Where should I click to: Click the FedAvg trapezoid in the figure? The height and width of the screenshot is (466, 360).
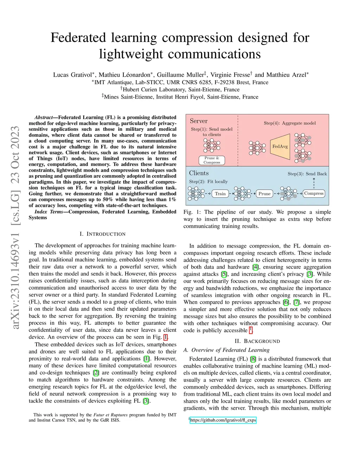[280, 146]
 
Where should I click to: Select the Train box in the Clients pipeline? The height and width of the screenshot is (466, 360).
[220, 193]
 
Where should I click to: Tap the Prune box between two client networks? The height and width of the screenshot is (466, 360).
[264, 193]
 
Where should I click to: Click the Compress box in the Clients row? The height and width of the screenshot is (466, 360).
[314, 193]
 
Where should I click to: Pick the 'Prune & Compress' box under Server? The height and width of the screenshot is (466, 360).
[212, 160]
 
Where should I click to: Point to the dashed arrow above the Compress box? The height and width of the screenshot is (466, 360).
[314, 183]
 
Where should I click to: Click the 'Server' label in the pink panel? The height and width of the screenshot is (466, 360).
[199, 121]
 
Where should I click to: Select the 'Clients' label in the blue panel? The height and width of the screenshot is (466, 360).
[199, 173]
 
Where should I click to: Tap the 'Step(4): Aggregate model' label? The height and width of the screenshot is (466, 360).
[290, 123]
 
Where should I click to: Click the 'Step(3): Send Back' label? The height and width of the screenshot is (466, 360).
[307, 174]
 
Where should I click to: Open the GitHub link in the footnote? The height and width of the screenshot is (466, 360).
[223, 420]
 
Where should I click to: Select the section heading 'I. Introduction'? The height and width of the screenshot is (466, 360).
[102, 234]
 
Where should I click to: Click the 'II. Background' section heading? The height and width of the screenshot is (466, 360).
[257, 341]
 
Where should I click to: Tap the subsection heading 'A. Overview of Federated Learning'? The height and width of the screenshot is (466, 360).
[226, 350]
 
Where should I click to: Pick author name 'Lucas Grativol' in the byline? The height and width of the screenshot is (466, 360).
[72, 75]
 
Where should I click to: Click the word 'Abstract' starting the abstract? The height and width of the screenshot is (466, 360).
[44, 117]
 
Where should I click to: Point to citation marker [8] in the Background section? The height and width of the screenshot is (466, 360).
[253, 359]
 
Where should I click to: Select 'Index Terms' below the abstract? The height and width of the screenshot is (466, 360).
[49, 212]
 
